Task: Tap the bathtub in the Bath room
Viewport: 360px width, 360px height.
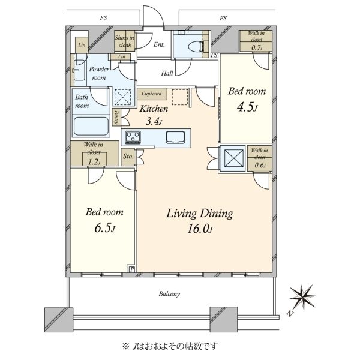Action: tap(91, 126)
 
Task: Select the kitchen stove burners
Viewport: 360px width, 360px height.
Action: tap(133, 137)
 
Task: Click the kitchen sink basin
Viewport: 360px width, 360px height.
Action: tap(175, 137)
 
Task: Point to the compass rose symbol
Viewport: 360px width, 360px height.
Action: tap(302, 297)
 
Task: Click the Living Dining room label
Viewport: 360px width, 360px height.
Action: tap(200, 214)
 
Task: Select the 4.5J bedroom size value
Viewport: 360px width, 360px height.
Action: tap(247, 107)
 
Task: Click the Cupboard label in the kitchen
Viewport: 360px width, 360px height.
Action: tap(152, 94)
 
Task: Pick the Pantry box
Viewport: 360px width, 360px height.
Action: tap(116, 117)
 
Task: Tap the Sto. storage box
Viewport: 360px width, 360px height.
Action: tap(128, 157)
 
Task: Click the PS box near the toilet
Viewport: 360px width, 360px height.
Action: tap(214, 55)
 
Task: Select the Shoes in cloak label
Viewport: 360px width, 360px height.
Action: tap(125, 41)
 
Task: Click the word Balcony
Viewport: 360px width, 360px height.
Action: tap(169, 294)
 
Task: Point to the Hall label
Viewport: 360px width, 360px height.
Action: tap(167, 73)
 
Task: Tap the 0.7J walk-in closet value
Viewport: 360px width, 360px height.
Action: tap(257, 48)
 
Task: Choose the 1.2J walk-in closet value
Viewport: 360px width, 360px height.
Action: tap(94, 162)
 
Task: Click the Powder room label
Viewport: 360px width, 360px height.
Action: tap(99, 73)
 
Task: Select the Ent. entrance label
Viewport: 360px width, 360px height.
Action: tap(159, 44)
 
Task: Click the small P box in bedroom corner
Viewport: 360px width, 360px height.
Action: tap(131, 269)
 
